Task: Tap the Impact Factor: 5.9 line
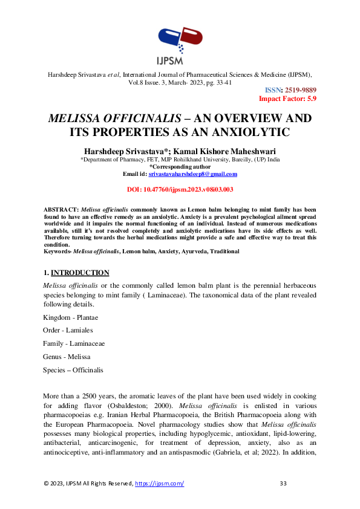pos(287,98)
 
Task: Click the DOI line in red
pos(180,190)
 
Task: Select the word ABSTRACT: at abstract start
pos(61,209)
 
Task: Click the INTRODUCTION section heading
pos(80,273)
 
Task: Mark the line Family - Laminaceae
pos(74,343)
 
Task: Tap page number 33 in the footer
pos(283,484)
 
